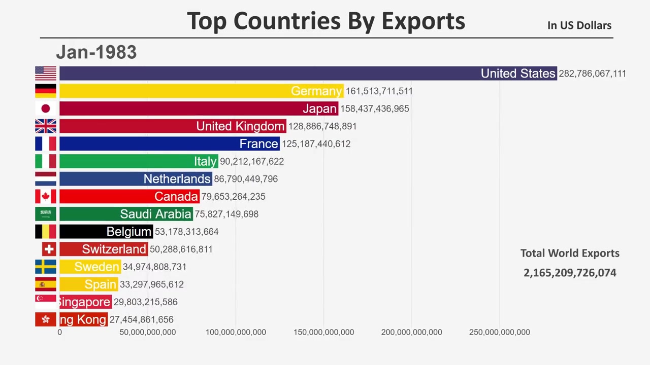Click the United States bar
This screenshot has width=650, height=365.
308,74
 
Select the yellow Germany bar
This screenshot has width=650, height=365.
201,91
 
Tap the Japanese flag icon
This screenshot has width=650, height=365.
46,108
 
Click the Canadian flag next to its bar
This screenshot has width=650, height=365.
46,196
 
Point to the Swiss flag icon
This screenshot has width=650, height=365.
49,249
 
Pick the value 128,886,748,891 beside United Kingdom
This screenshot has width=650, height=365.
322,126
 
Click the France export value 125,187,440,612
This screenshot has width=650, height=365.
316,144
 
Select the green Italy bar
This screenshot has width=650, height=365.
139,161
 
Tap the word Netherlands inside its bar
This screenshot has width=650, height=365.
177,179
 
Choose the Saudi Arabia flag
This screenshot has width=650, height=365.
46,214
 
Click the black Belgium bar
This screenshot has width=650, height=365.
106,232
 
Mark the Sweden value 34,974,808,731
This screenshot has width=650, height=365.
154,267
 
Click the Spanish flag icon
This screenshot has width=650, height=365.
46,284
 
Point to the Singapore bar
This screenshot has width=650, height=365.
85,302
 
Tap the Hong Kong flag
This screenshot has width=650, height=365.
46,319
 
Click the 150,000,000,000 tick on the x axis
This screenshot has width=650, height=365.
323,332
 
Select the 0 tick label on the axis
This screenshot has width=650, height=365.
60,332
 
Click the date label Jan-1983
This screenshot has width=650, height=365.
96,52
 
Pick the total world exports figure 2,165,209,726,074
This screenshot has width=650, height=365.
570,273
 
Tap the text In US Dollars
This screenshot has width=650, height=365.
579,25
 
